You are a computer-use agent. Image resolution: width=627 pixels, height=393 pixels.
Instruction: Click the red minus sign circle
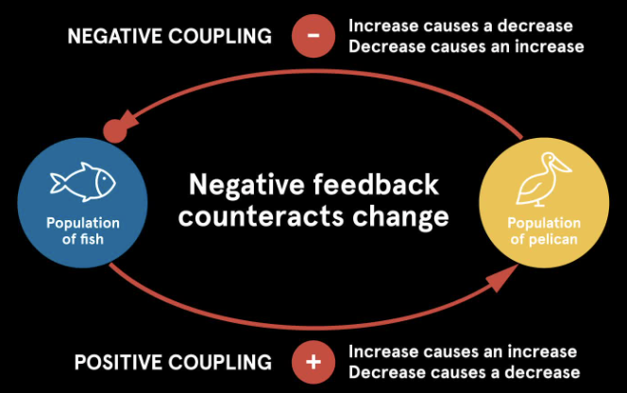314,37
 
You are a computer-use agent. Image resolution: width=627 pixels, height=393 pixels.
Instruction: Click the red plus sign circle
314,362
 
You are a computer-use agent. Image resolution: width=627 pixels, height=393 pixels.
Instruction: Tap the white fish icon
82,181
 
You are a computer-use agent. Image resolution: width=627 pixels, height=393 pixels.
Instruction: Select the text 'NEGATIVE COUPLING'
169,37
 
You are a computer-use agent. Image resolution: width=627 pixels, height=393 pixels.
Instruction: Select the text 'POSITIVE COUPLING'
172,362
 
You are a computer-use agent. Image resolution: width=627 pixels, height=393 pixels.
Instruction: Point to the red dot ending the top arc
114,130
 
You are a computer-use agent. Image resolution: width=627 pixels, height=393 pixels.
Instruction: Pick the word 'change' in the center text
396,216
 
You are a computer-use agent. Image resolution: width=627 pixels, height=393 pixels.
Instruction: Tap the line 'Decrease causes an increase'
466,45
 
